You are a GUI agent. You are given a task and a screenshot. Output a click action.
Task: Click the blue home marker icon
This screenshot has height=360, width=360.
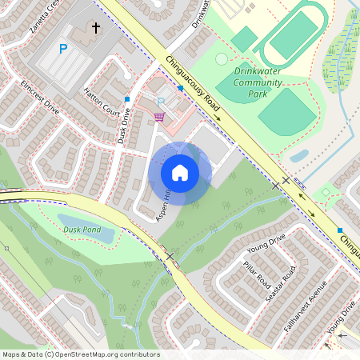click(x=180, y=174)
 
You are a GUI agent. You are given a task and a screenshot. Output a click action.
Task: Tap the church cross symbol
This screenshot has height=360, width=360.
click(x=96, y=29)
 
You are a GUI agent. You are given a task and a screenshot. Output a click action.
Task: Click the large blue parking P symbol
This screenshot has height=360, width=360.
click(x=63, y=50)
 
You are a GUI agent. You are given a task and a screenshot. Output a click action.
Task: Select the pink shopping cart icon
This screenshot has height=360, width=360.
click(x=159, y=117)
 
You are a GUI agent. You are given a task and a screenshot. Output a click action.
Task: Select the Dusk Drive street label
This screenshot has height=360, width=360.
click(x=122, y=126)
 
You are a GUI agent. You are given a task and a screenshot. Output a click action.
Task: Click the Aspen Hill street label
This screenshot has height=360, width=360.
click(x=165, y=206)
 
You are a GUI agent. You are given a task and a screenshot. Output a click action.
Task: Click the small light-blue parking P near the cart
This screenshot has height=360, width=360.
click(x=160, y=102)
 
